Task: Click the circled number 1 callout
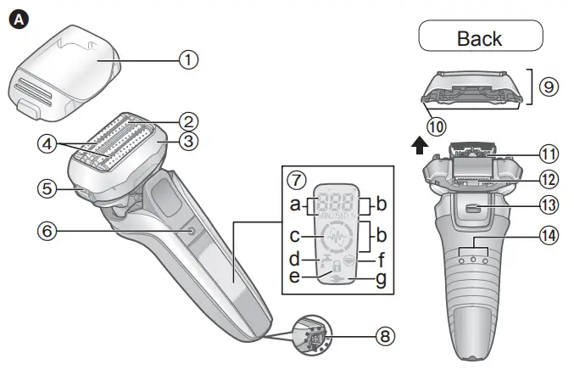[x=188, y=59]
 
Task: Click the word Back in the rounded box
[x=479, y=38]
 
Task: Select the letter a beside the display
[x=295, y=205]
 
